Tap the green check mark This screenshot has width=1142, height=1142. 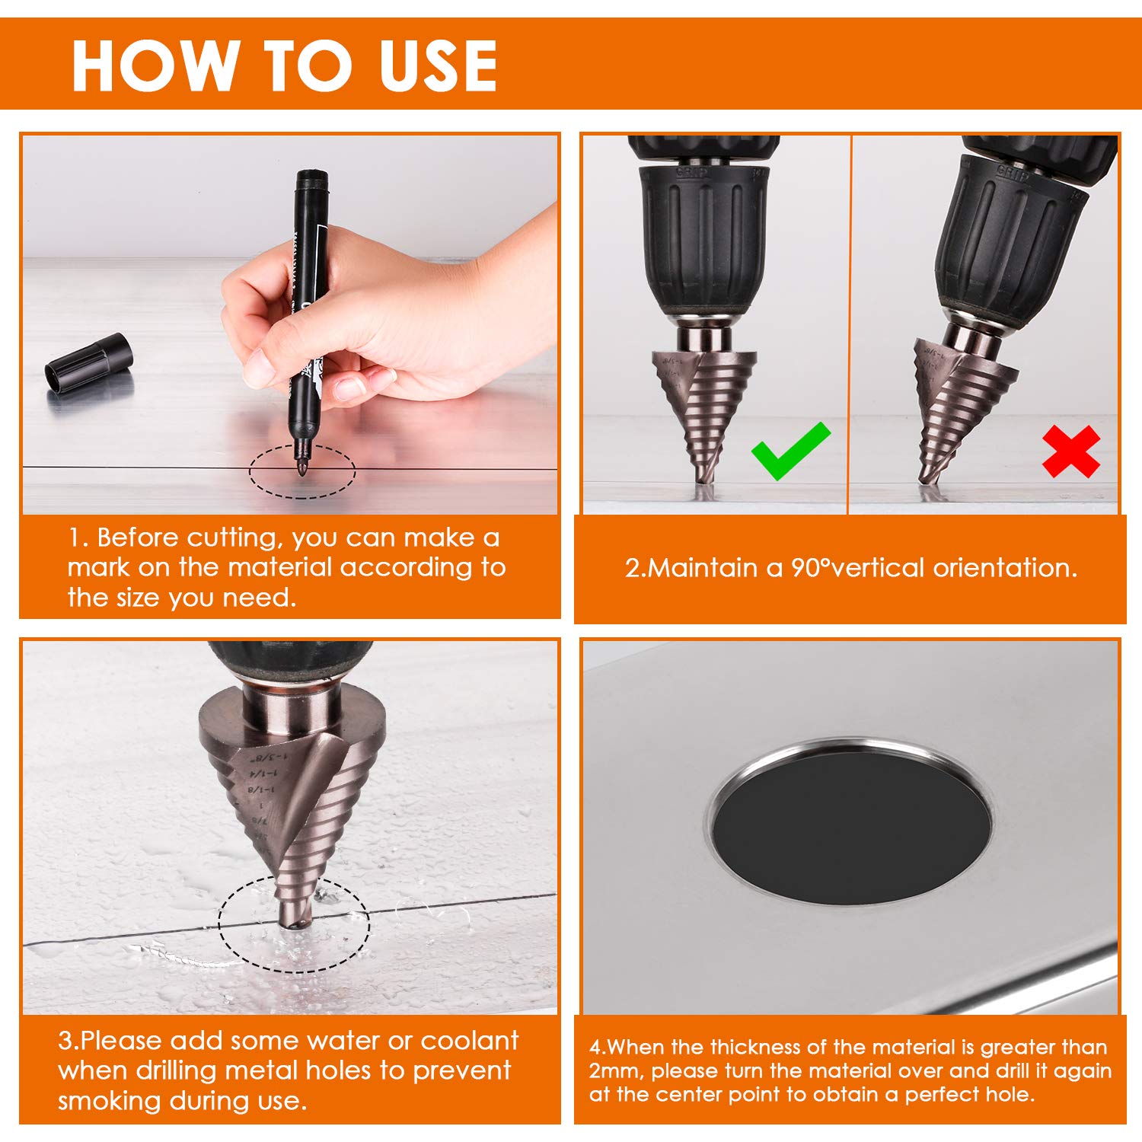[790, 451]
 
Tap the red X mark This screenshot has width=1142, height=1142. [1071, 451]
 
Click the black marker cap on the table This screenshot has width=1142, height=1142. [89, 364]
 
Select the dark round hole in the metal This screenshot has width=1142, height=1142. [852, 822]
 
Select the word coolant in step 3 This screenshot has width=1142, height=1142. [470, 1040]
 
